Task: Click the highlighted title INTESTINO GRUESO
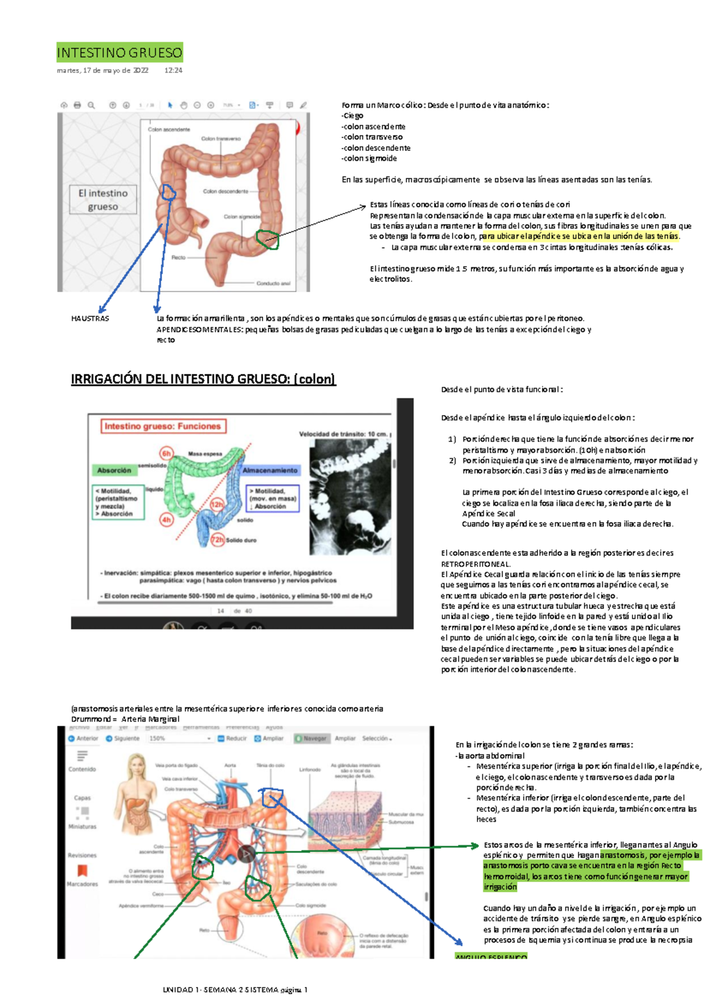pos(120,53)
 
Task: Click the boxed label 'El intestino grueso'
pos(103,200)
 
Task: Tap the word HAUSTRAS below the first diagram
pos(90,319)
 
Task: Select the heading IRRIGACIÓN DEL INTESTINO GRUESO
pos(203,379)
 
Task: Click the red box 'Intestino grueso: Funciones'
pos(163,426)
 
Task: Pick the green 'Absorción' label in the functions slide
pos(114,470)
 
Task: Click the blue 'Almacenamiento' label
pos(270,470)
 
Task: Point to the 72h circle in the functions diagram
pos(217,540)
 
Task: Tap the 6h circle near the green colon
pos(166,454)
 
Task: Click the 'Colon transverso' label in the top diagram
pos(221,139)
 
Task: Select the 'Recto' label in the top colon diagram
pos(178,258)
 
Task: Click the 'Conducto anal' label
pos(273,283)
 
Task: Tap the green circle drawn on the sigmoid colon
pos(267,240)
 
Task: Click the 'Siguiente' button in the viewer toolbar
pos(122,739)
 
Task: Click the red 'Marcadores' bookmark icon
pos(82,870)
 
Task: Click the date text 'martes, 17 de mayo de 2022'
pos(102,70)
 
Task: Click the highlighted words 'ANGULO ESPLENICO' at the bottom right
pos(490,956)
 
